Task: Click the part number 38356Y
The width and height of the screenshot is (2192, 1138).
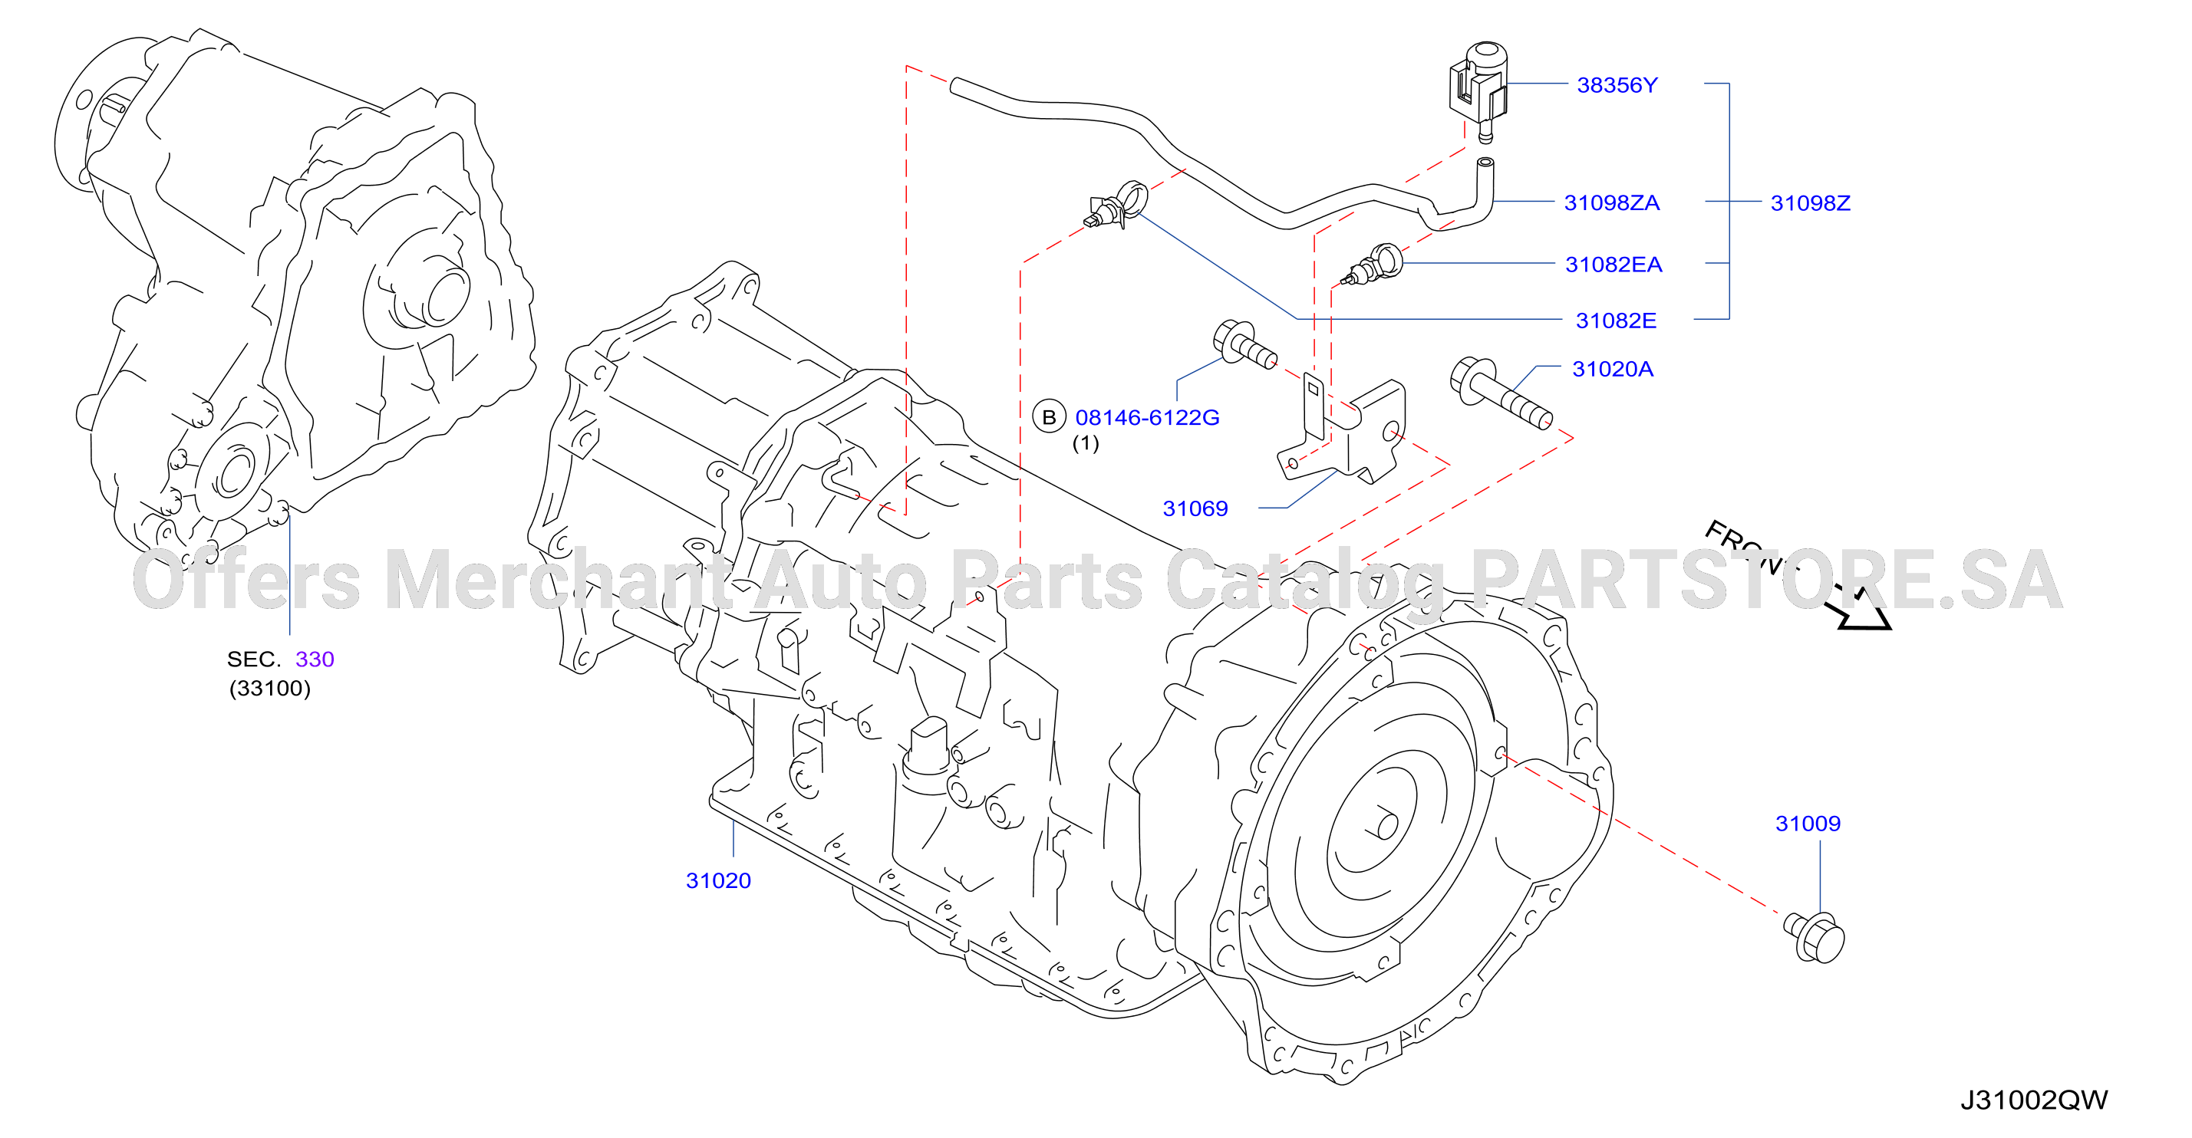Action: point(1617,85)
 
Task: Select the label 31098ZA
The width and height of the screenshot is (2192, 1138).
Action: point(1612,202)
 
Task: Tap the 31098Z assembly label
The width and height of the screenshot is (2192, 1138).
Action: point(1810,203)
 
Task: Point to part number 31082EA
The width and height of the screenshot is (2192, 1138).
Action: point(1614,265)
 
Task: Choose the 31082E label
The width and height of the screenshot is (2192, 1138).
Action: point(1616,321)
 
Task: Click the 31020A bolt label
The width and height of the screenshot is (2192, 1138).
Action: point(1613,369)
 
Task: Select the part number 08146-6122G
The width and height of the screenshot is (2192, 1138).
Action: point(1147,418)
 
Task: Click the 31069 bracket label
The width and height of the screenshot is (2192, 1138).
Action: point(1195,508)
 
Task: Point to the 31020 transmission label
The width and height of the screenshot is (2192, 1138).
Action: point(718,880)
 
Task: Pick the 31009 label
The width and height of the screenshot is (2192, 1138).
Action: point(1808,824)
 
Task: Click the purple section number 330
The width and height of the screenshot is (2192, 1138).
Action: point(315,659)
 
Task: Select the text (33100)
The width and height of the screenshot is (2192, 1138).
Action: point(270,688)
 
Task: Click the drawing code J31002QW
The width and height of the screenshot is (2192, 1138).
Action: point(2034,1100)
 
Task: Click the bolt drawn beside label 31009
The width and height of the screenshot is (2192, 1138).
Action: point(1815,937)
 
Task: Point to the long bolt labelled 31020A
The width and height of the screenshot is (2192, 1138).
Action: point(1500,392)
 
